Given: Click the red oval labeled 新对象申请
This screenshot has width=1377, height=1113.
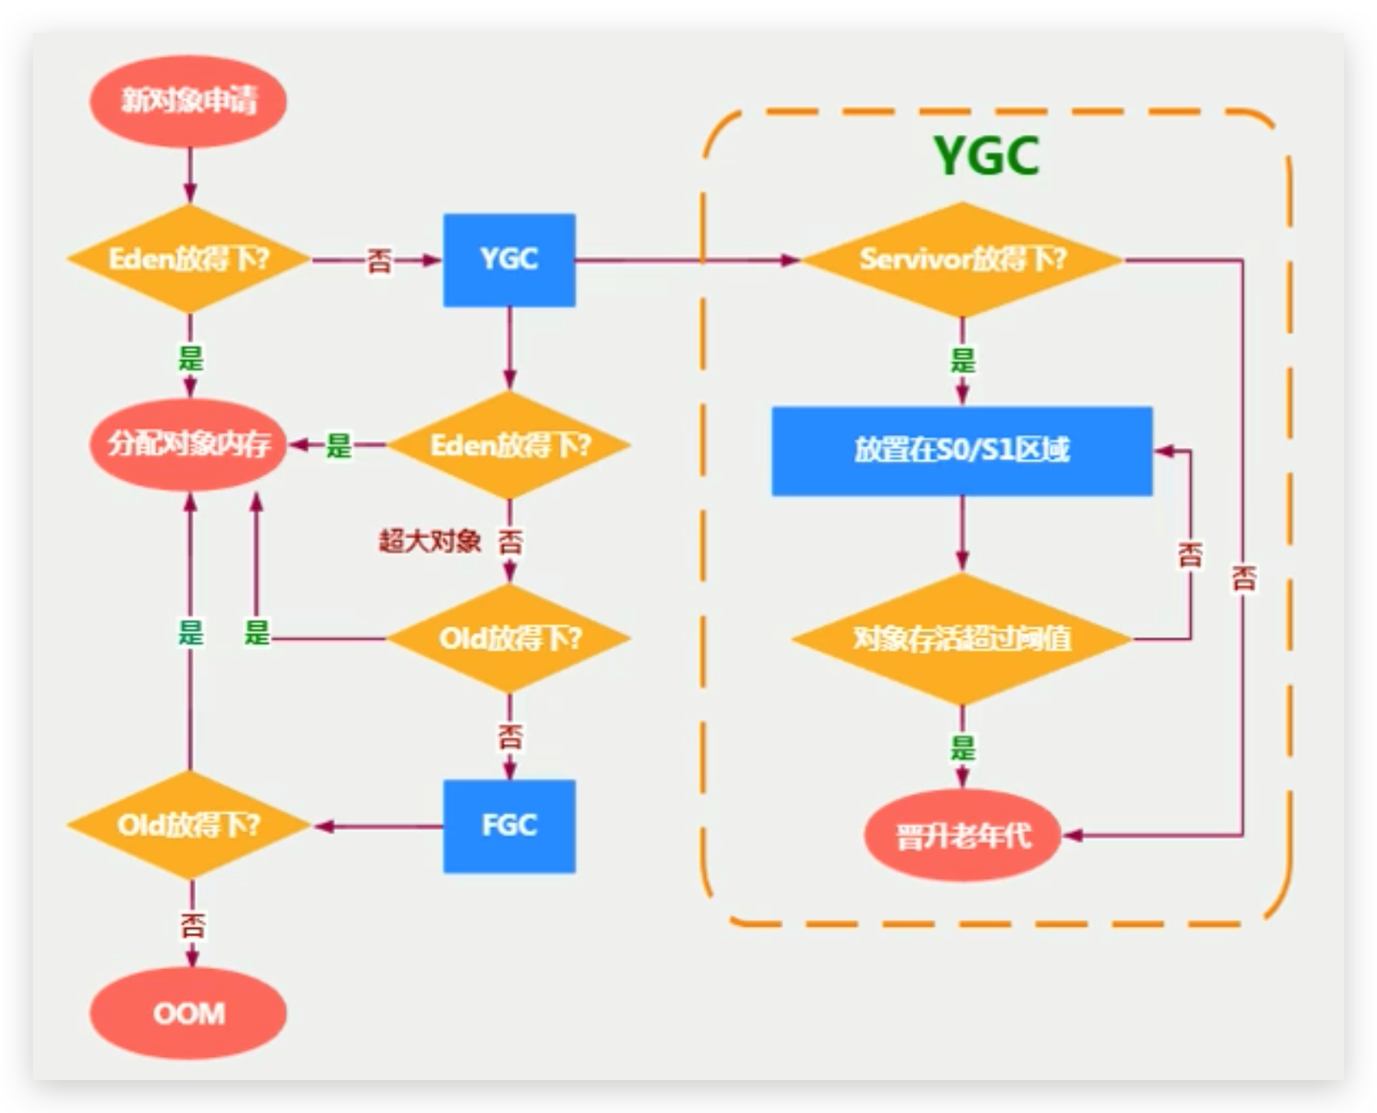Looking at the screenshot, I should point(188,101).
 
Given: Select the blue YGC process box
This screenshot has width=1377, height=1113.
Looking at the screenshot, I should point(509,260).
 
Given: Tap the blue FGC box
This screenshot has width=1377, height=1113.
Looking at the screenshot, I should point(509,825).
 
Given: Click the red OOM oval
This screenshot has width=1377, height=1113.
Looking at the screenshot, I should point(188,1013).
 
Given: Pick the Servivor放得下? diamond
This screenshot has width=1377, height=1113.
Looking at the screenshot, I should point(962,260).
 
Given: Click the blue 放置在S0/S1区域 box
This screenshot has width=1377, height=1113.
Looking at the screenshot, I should point(962,450).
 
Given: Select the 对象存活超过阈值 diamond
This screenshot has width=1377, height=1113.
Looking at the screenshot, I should point(962,639).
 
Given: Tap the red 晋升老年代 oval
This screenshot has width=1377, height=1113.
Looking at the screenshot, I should point(962,836).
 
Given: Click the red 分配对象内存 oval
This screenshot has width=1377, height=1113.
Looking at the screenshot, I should point(188,445).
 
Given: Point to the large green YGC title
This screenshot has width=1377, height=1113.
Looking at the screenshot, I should point(986,155).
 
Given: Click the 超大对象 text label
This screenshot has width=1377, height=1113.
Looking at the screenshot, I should point(429,541).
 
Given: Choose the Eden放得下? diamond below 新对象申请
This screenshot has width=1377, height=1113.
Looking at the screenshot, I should point(188,260).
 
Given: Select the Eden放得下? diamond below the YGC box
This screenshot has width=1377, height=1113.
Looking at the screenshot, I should point(509,445).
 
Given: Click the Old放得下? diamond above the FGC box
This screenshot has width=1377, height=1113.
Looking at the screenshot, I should point(509,639).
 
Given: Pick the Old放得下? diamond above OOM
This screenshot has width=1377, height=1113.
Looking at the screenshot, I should point(188,825).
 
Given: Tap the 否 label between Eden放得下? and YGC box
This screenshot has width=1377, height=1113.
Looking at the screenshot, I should point(378,261).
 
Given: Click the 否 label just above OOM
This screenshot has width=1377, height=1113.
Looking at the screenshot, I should point(192,926).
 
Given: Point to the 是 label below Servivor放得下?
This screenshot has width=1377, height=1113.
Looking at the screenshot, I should point(962,360).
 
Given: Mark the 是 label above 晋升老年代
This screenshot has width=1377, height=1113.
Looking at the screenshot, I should point(962,747).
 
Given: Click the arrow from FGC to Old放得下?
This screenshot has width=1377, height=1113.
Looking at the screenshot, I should point(378,826).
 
